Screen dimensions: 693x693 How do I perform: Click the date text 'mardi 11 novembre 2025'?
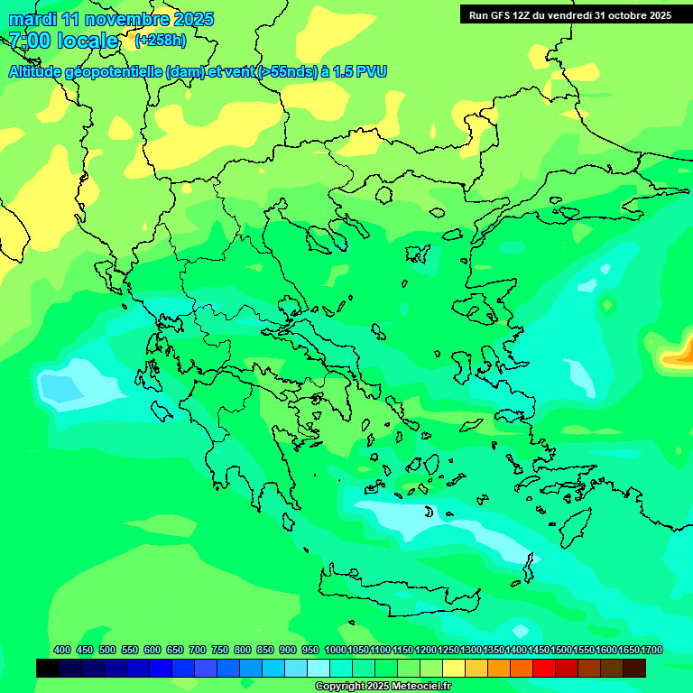pyautogui.click(x=111, y=19)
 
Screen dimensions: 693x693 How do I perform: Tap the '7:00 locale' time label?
pyautogui.click(x=63, y=41)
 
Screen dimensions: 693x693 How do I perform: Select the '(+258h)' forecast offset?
pyautogui.click(x=161, y=41)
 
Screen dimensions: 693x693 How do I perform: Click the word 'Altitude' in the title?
pyautogui.click(x=40, y=71)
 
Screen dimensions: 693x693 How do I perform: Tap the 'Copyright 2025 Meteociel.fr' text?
pyautogui.click(x=383, y=687)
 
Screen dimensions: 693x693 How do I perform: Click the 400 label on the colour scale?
pyautogui.click(x=62, y=650)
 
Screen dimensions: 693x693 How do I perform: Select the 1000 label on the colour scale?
pyautogui.click(x=335, y=650)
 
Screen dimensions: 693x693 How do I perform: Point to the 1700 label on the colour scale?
pyautogui.click(x=651, y=650)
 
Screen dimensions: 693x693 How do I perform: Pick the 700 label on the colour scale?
pyautogui.click(x=198, y=650)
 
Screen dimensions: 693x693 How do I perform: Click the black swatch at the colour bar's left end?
pyautogui.click(x=48, y=668)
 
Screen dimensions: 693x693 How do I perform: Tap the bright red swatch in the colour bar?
pyautogui.click(x=544, y=668)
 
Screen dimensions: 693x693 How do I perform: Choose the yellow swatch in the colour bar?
pyautogui.click(x=454, y=668)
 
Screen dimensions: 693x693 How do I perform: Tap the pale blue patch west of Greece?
pyautogui.click(x=77, y=383)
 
